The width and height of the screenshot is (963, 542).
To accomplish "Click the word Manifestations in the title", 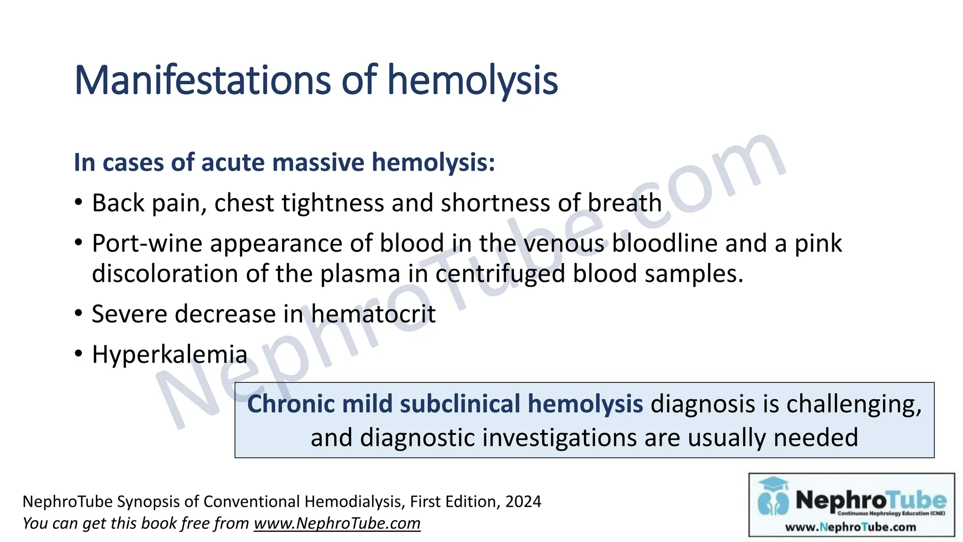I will (203, 80).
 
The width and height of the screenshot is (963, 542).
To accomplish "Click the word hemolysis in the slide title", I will (472, 80).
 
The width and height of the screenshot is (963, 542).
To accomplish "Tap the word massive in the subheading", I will (318, 162).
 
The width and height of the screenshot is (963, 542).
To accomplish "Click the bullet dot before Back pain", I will (79, 203).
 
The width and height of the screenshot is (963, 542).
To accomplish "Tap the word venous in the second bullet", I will (563, 244).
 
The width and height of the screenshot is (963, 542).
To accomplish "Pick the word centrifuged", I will (500, 274).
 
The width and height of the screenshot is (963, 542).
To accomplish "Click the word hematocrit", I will (373, 314).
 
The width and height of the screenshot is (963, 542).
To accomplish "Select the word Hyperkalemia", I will (169, 354).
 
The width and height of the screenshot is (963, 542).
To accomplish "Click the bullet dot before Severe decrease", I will (79, 314).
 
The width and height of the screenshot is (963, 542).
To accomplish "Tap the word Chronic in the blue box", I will (290, 404).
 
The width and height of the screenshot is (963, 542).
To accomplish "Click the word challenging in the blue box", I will (854, 404).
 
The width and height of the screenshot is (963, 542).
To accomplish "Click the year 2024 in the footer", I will (523, 502).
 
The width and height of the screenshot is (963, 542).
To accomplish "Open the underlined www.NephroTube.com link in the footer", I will (337, 523).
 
